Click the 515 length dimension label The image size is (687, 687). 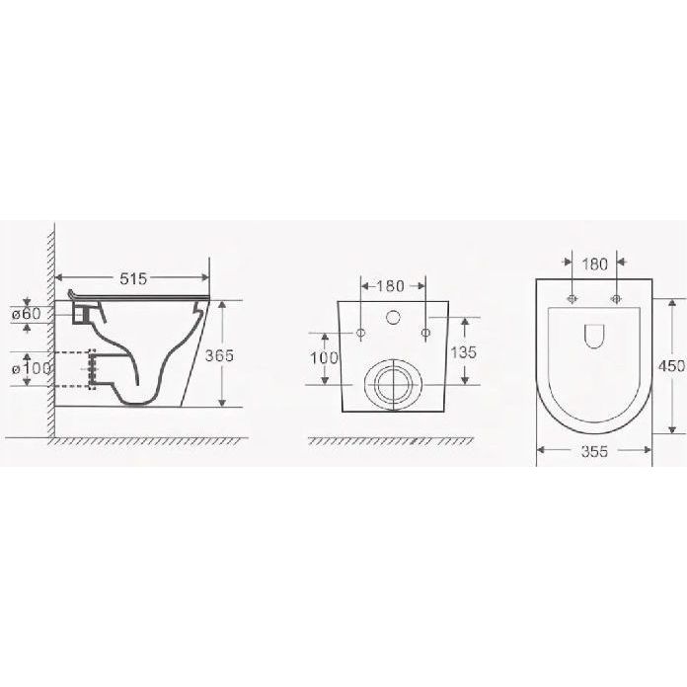click(133, 278)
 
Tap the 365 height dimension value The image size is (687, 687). click(219, 355)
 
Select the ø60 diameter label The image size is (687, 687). click(27, 314)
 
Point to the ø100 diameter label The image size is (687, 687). click(32, 368)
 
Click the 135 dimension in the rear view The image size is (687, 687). click(463, 352)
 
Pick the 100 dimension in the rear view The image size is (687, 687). click(324, 358)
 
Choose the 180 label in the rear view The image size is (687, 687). click(390, 286)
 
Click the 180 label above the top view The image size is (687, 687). click(594, 265)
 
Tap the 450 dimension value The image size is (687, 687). click(671, 366)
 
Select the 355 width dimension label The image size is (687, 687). click(594, 451)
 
